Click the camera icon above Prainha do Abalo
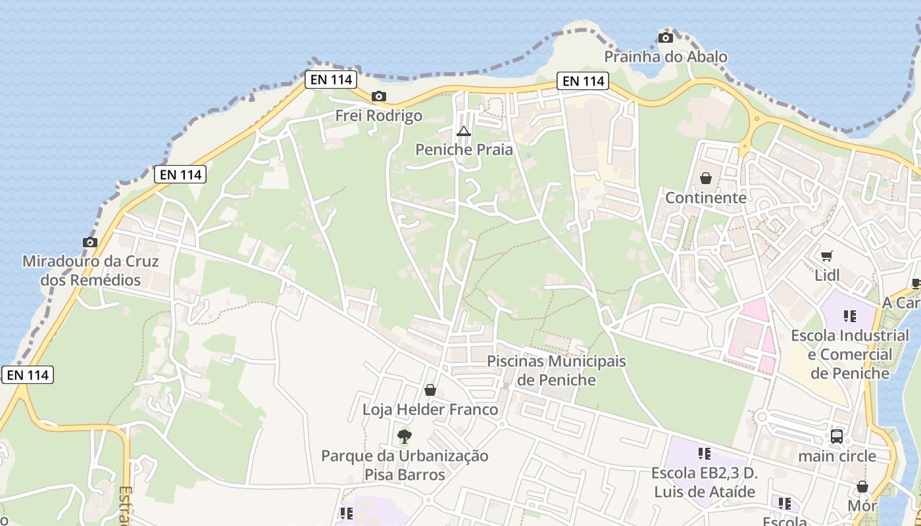666,38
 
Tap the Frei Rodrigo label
379,116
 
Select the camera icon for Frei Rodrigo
378,97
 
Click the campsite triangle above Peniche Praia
464,131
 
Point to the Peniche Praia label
464,150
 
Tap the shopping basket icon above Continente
706,178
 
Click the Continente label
706,198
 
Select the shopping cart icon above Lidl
826,256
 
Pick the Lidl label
827,275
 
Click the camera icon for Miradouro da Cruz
90,242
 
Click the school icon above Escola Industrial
849,316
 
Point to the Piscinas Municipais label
557,362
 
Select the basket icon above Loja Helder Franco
430,391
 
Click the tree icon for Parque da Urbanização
404,436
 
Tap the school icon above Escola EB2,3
704,453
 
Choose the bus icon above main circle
837,436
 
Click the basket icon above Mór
862,487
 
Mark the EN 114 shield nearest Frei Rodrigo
331,80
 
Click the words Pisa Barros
405,475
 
